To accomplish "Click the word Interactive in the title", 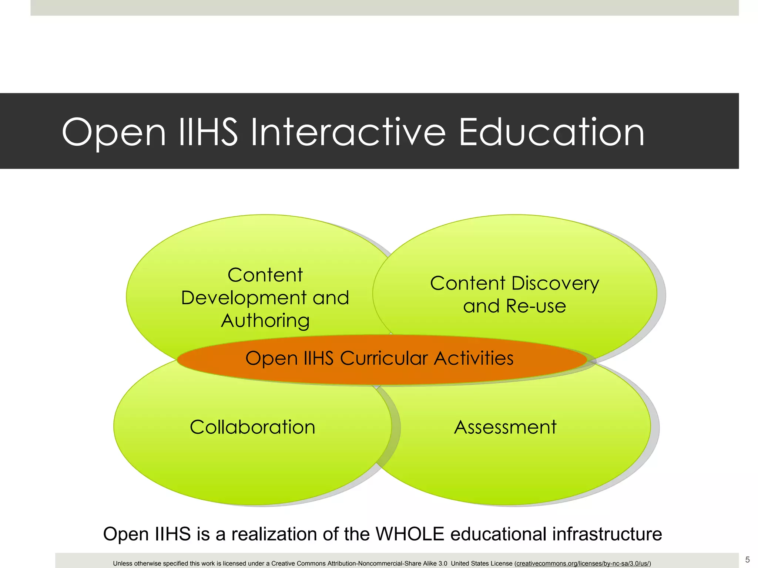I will click(348, 132).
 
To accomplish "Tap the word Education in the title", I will click(551, 132).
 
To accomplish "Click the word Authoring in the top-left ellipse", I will click(265, 321).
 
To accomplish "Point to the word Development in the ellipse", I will click(244, 298).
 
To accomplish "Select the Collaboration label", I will click(252, 427).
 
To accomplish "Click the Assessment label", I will click(505, 427).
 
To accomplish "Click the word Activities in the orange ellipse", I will click(474, 358).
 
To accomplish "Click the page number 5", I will click(747, 559).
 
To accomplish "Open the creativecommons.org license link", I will click(583, 564).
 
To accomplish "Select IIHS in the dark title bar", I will click(208, 132).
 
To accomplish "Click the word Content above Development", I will click(265, 275).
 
